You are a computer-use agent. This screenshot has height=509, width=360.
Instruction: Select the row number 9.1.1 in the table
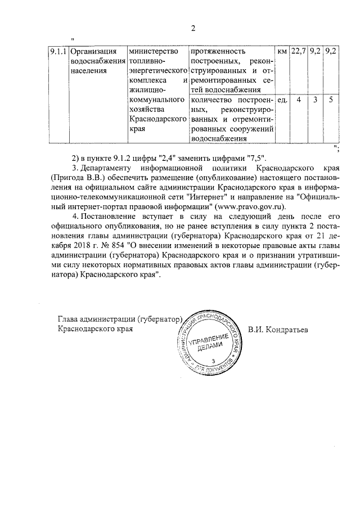(58, 52)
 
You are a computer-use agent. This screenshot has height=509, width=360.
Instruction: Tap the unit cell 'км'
(282, 52)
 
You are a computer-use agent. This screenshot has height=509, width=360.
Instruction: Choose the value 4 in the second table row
(299, 100)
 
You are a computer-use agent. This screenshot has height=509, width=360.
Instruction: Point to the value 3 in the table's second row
(316, 100)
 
